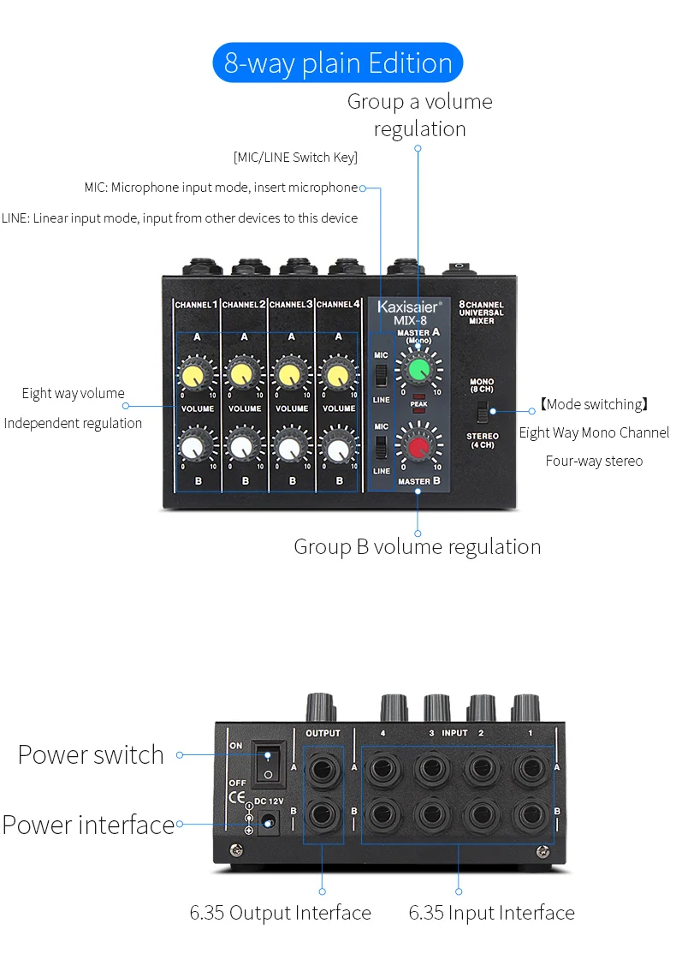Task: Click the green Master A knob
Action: tap(418, 371)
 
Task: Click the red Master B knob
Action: tap(418, 446)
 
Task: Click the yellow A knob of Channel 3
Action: tap(290, 374)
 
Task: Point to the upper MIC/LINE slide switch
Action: tap(382, 376)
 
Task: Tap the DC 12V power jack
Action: tap(270, 823)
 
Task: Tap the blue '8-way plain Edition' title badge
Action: tap(338, 63)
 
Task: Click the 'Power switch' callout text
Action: tap(91, 754)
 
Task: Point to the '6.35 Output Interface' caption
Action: tap(281, 913)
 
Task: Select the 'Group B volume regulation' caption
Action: tap(417, 546)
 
